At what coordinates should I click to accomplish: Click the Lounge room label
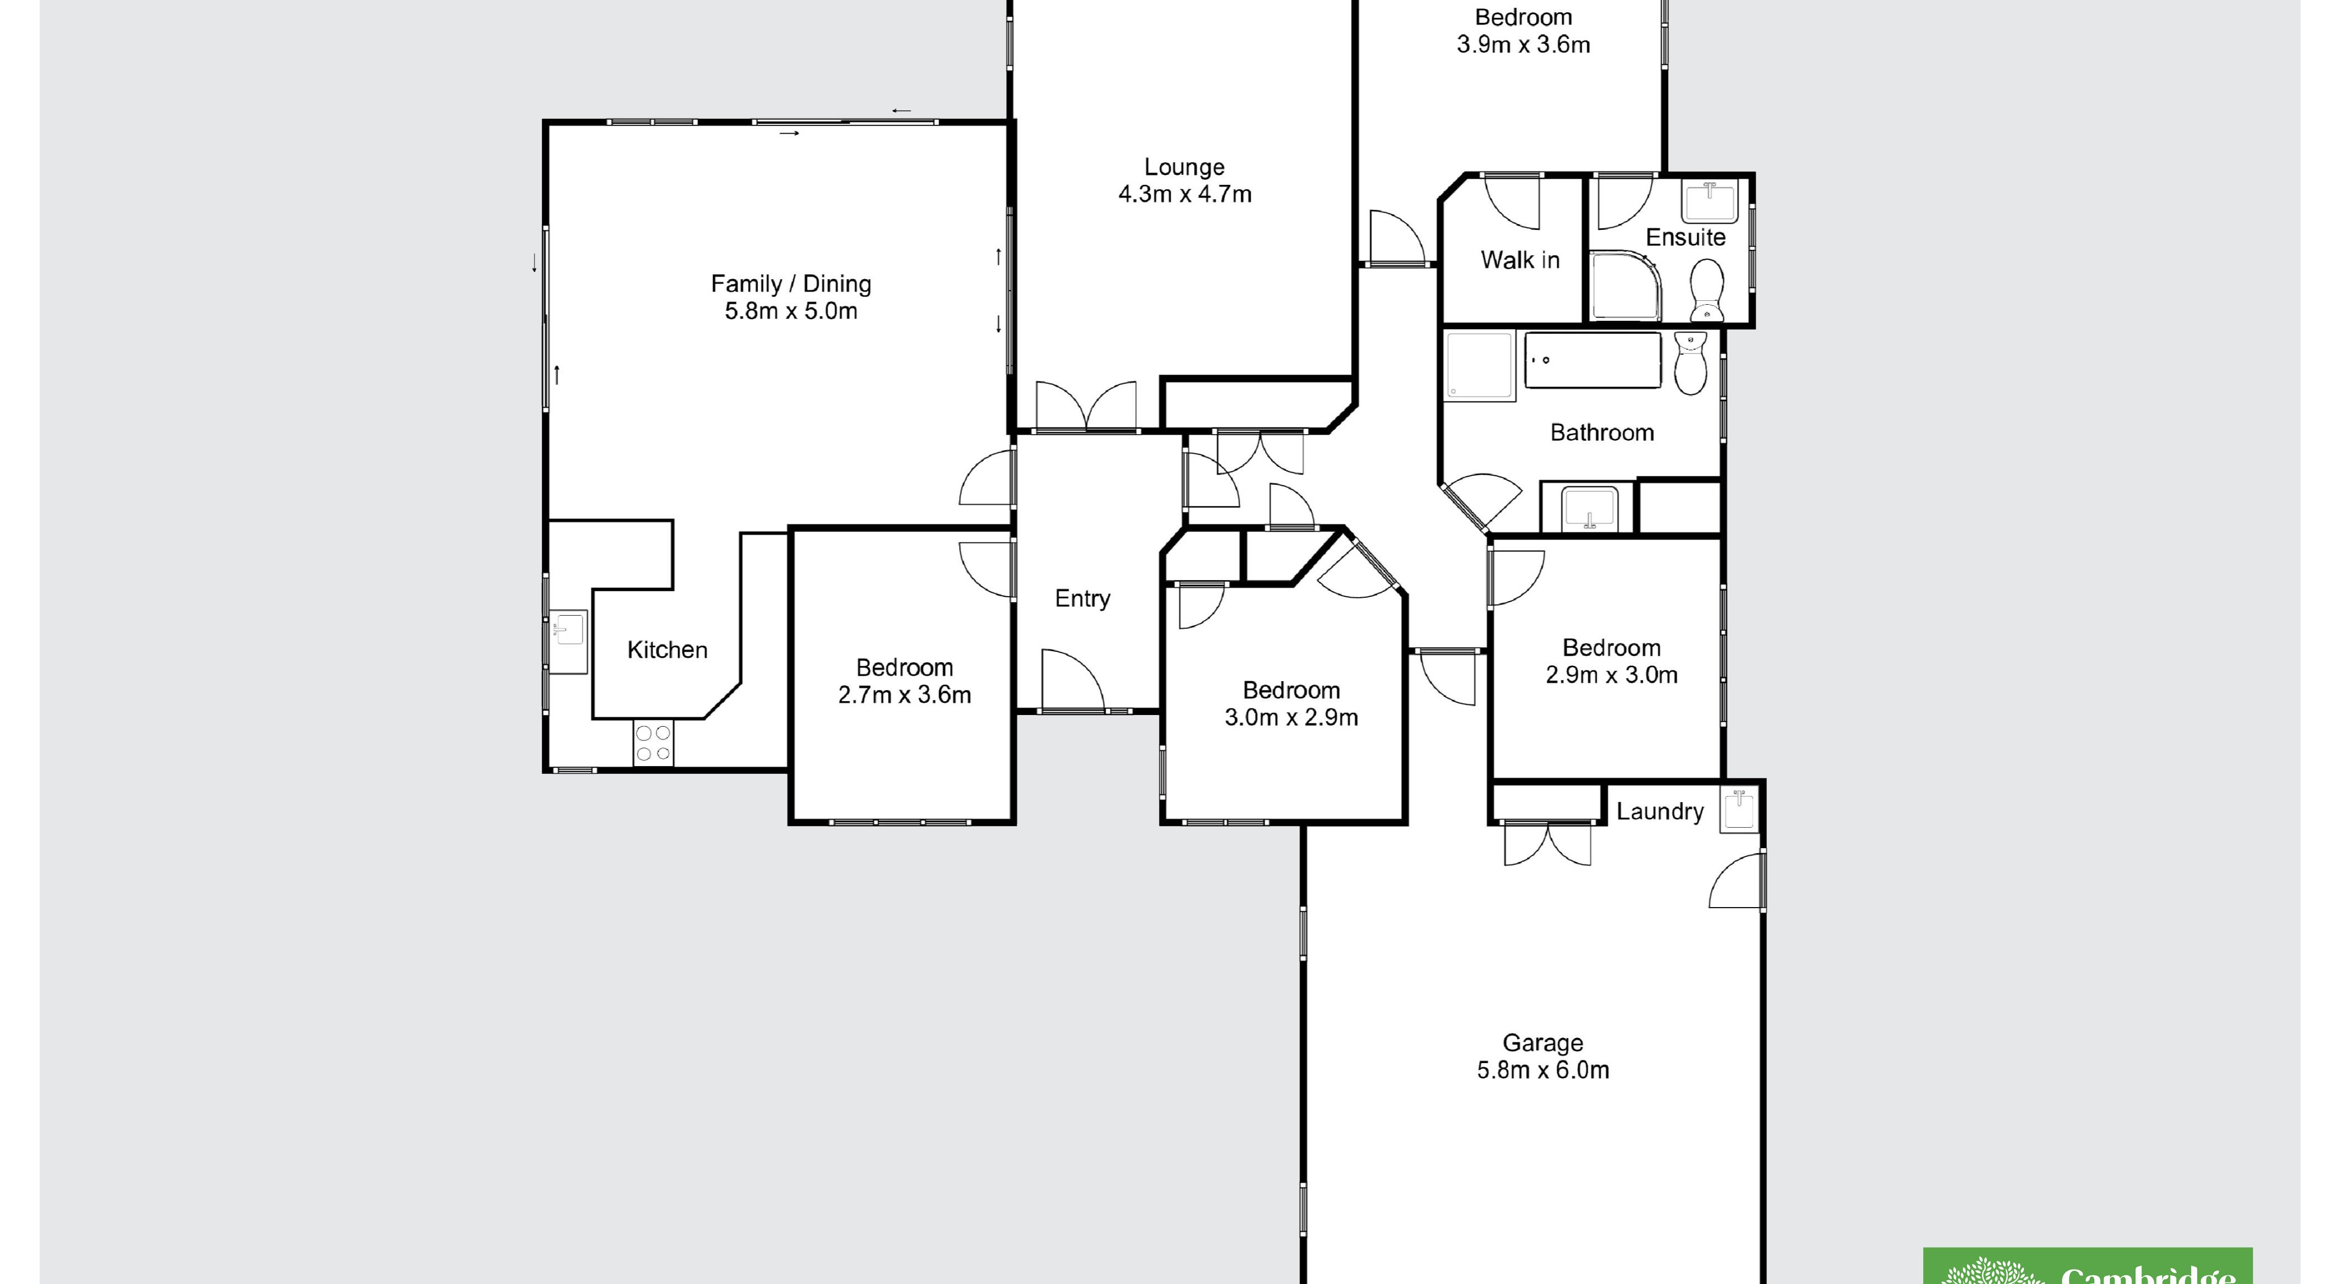point(1184,167)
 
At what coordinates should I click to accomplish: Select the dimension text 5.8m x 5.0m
point(790,311)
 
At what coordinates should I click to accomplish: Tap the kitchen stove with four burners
point(653,743)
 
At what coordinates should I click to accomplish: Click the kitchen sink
point(568,628)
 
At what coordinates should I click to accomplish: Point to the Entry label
point(1082,598)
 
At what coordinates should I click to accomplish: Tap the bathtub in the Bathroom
point(1592,360)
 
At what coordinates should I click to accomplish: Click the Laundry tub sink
point(1739,809)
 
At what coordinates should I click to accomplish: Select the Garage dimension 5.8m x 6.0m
point(1542,1070)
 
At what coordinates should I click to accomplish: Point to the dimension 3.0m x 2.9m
point(1291,717)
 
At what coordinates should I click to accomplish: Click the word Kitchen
point(667,650)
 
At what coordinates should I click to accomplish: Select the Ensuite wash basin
point(1709,202)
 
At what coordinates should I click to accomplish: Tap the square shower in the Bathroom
point(1479,365)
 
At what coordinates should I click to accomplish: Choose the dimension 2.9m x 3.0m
point(1611,674)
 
